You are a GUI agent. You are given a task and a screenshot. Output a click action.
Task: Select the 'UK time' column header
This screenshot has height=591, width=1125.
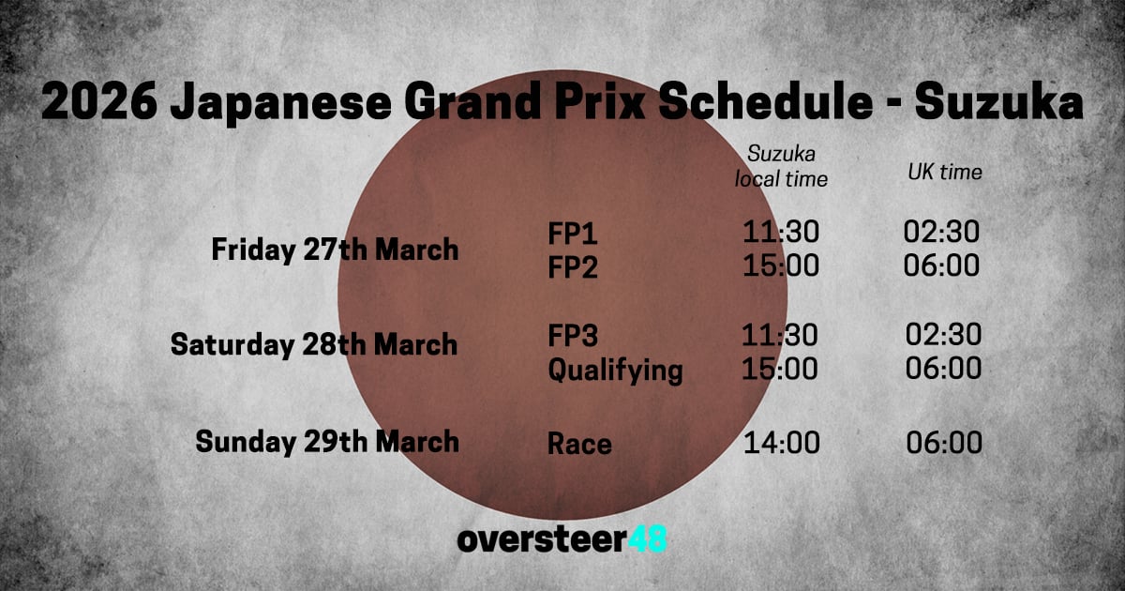944,173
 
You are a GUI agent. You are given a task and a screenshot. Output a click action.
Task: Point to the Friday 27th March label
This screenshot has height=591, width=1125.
335,250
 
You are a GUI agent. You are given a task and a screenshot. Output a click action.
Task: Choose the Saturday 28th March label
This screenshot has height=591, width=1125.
314,344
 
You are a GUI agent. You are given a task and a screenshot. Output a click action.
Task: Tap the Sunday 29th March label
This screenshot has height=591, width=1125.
327,441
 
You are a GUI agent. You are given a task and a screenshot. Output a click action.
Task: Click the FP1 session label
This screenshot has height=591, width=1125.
573,233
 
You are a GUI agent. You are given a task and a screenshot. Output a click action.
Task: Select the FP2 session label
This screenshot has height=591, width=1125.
573,267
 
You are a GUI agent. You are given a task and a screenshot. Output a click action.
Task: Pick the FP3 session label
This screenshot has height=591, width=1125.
573,335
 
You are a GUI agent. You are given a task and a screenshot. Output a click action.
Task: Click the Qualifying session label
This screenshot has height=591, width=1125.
615,371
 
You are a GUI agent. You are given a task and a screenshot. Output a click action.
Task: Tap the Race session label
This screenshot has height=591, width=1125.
579,443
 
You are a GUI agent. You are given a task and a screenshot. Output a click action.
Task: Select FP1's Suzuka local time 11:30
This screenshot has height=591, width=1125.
780,232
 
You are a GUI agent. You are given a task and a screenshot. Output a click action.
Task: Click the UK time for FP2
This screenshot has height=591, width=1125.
942,266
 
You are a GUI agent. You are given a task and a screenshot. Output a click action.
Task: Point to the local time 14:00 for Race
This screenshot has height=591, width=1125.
781,443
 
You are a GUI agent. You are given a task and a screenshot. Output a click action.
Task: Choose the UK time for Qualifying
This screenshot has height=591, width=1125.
943,369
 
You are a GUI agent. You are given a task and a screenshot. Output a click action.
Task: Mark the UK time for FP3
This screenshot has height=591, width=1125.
943,335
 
